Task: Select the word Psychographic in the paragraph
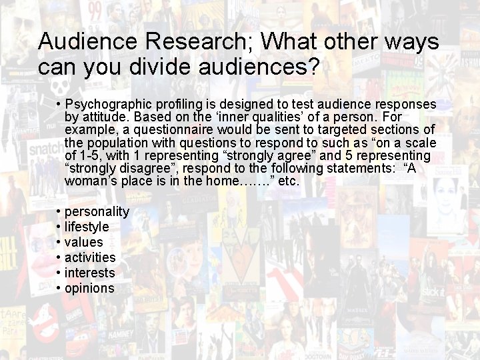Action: [x=109, y=105]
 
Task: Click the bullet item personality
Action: [x=97, y=211]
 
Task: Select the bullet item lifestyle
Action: [x=87, y=227]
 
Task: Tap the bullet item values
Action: [x=84, y=242]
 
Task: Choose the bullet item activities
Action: [x=90, y=257]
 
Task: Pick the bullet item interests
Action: [x=90, y=273]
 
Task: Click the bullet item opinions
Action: [x=89, y=288]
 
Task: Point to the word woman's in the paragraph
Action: [x=89, y=181]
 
